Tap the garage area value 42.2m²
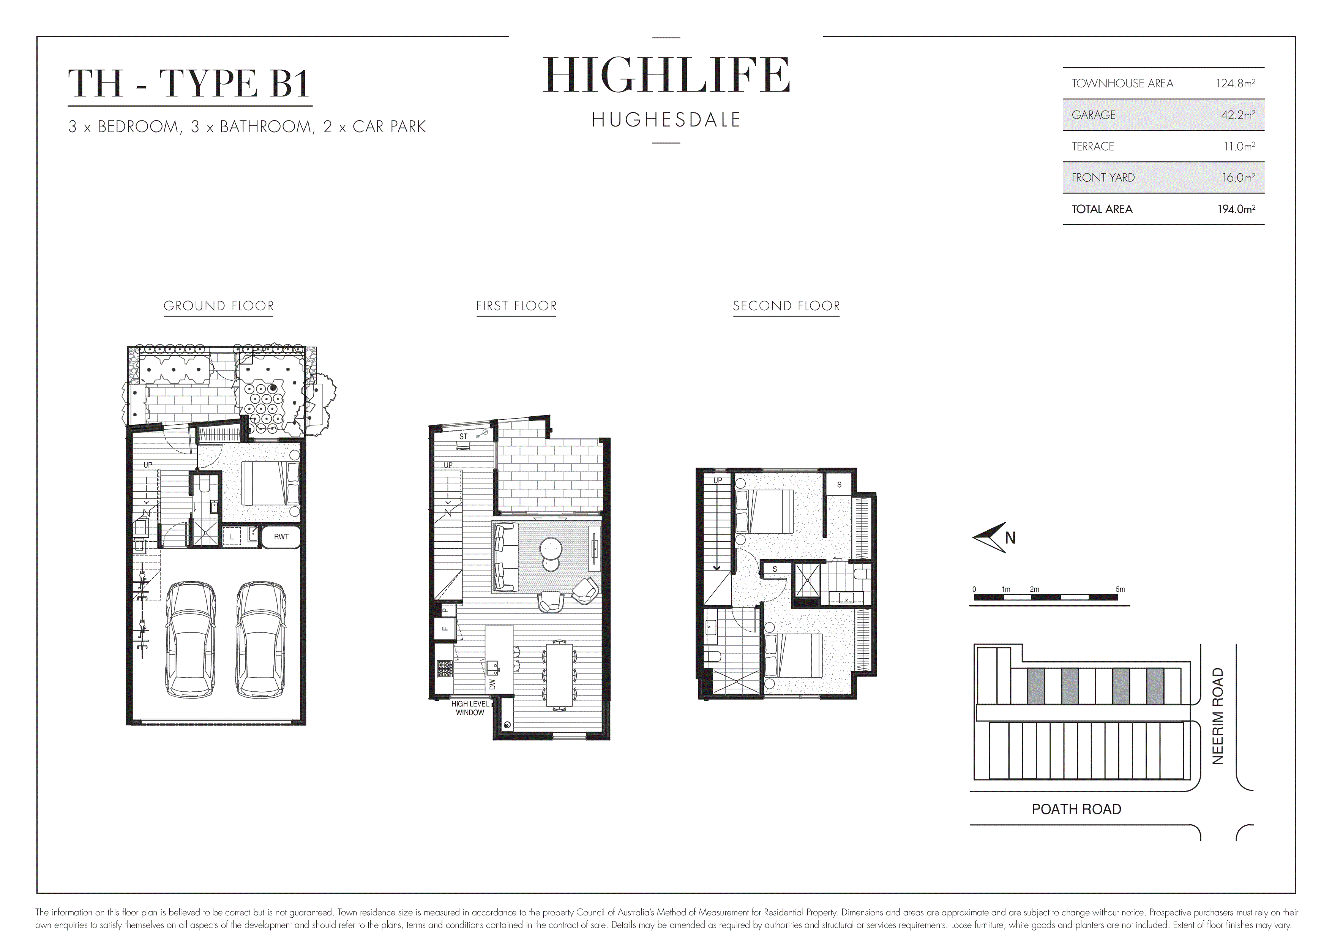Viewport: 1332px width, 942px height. [x=1237, y=115]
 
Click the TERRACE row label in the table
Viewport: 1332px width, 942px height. [x=1092, y=146]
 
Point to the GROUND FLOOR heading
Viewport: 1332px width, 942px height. [x=219, y=306]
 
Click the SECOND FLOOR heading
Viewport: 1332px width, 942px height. [x=786, y=306]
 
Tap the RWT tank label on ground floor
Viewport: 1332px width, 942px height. [x=281, y=536]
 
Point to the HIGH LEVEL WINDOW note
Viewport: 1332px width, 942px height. [x=470, y=708]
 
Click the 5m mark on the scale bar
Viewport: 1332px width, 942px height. [x=1120, y=590]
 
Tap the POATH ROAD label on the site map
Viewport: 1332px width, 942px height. [x=1076, y=809]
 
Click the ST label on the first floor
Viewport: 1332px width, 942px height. [x=463, y=436]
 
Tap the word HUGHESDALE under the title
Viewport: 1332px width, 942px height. [x=666, y=120]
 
